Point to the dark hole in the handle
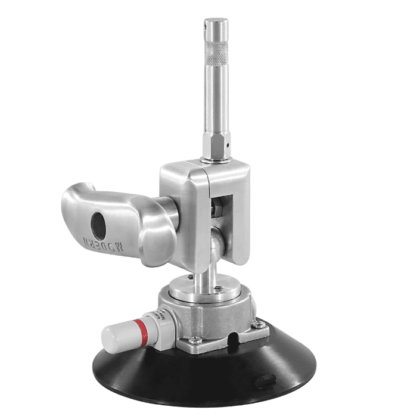(97, 225)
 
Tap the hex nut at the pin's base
(215, 145)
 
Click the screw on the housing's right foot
(257, 324)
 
